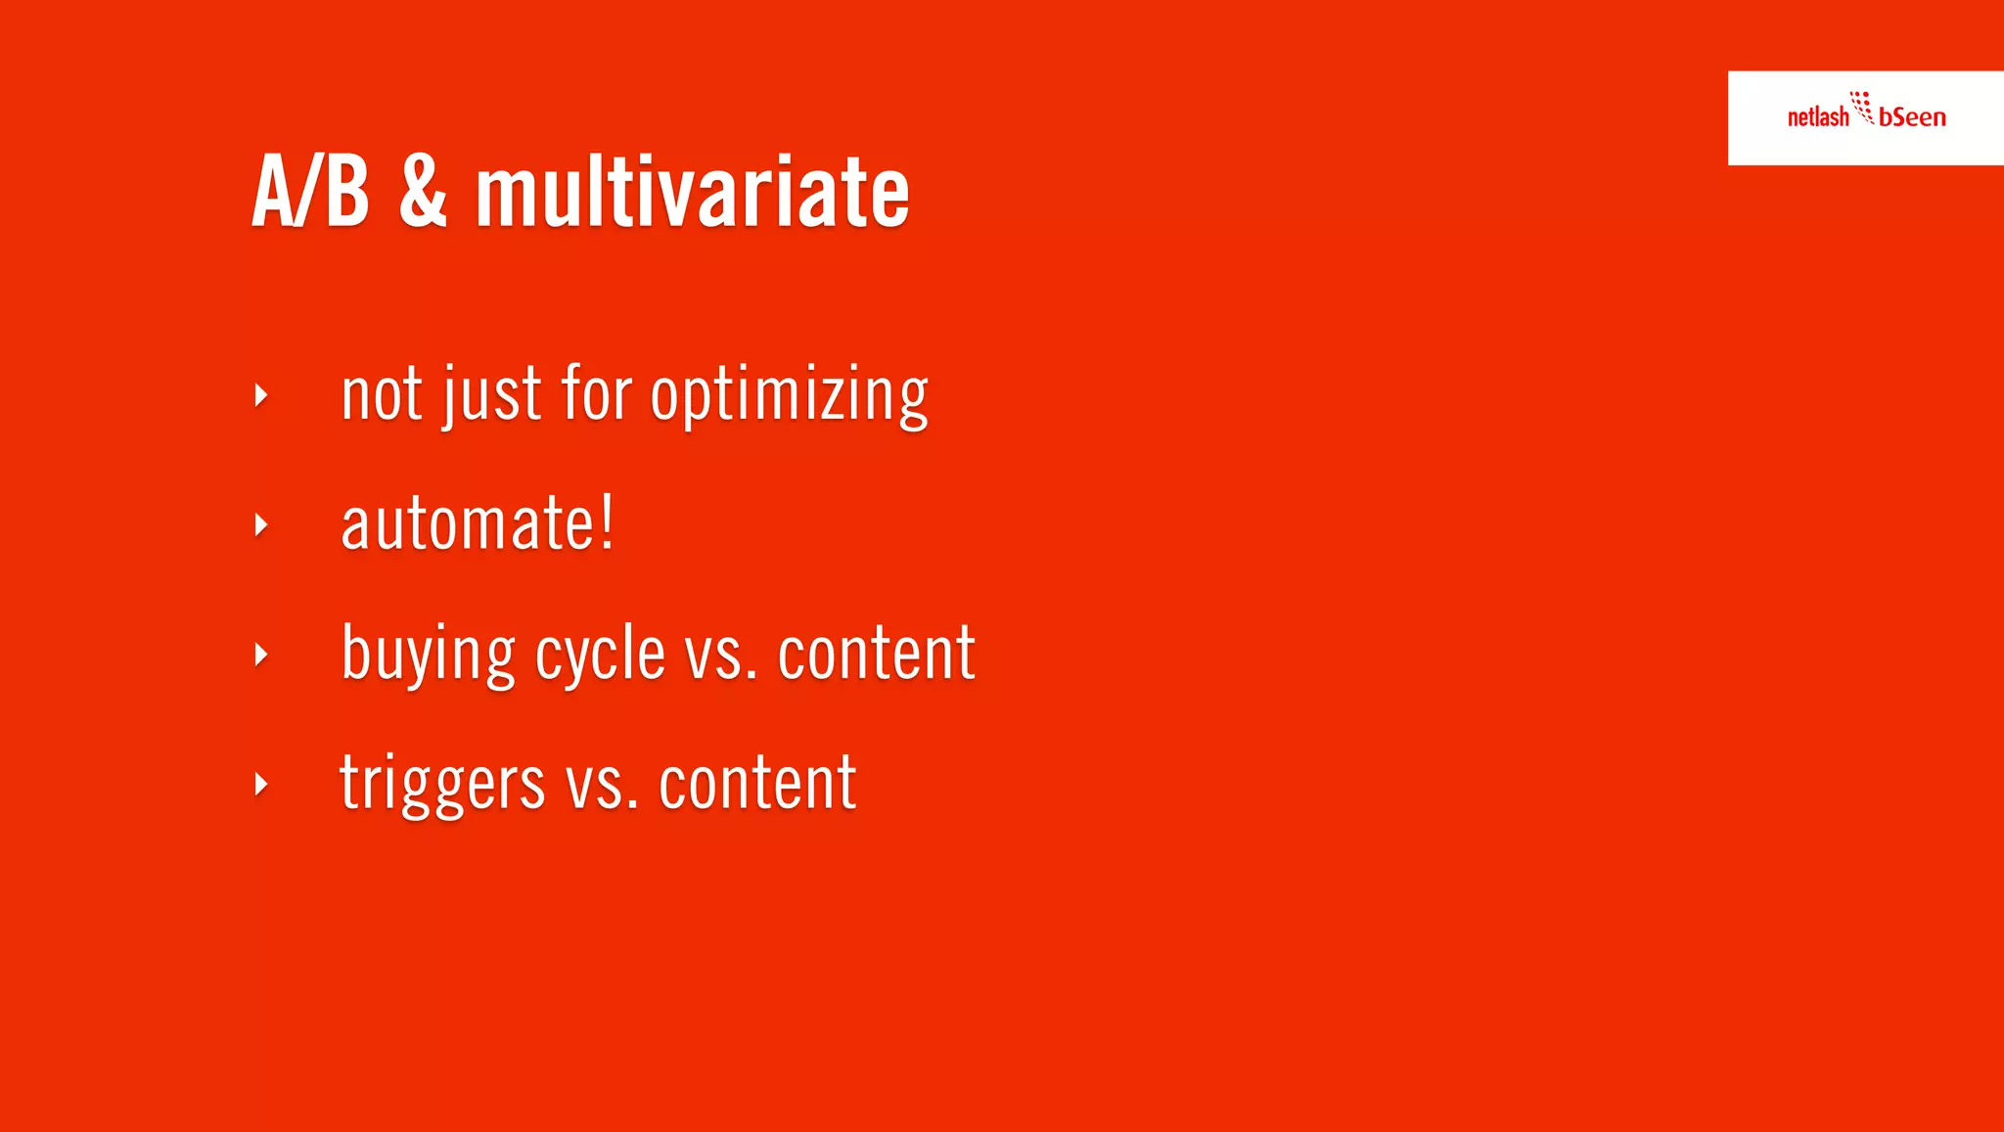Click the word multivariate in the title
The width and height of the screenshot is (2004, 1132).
click(x=692, y=193)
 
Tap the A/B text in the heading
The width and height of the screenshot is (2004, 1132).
click(x=310, y=193)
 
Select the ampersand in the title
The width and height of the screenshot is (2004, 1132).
click(x=423, y=193)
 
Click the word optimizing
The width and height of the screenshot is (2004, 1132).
click(x=789, y=394)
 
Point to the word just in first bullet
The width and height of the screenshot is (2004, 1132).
click(x=491, y=394)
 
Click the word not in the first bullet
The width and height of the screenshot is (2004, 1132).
click(x=382, y=394)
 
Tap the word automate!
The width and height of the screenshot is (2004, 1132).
click(x=478, y=524)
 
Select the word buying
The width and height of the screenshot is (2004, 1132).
click(x=428, y=654)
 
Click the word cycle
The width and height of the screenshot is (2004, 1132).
click(x=600, y=654)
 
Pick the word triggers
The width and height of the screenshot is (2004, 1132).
click(x=441, y=784)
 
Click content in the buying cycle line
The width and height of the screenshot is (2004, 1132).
click(x=876, y=654)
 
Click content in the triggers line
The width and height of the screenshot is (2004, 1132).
click(x=757, y=784)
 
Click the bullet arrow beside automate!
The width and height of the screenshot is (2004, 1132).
click(x=260, y=525)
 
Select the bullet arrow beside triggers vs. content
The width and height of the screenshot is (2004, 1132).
click(x=260, y=784)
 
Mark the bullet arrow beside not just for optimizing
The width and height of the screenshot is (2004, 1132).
click(x=260, y=395)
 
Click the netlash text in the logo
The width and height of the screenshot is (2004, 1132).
click(x=1817, y=117)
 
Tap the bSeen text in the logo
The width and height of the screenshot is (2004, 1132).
click(x=1912, y=117)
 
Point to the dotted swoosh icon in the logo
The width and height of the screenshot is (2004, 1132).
click(x=1862, y=107)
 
